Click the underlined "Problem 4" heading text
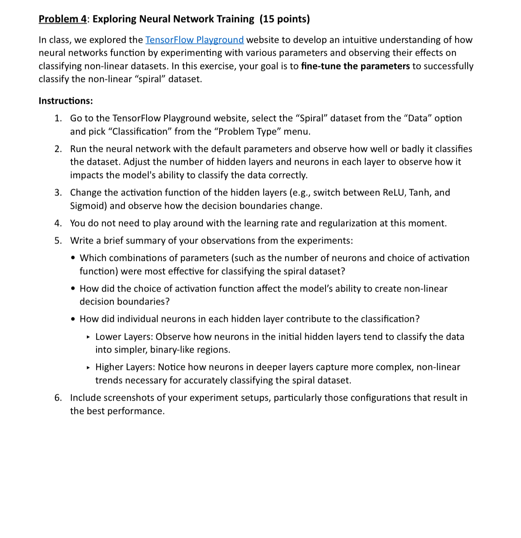(63, 19)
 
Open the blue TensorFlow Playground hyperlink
(194, 40)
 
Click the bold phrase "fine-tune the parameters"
(355, 66)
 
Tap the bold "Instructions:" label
(65, 101)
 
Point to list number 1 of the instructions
(58, 118)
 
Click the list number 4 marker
(58, 223)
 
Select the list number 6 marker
(58, 398)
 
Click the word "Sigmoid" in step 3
(88, 206)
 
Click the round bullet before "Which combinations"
(73, 258)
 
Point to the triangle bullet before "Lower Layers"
(88, 337)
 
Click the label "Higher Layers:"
(125, 367)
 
